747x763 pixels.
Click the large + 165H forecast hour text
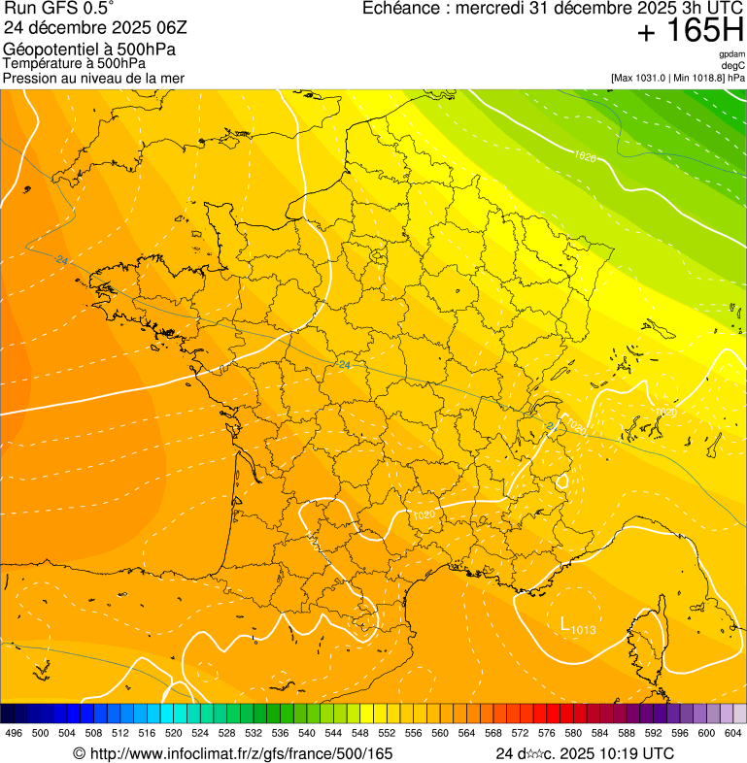coord(690,32)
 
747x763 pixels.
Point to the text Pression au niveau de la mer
coord(94,78)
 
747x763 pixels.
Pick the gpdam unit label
coord(731,54)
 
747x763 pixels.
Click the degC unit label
coord(733,65)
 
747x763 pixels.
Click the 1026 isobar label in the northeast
coord(585,156)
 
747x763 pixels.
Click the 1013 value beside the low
coord(583,631)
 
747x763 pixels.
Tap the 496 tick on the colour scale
coord(14,733)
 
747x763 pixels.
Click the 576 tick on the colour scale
coord(547,733)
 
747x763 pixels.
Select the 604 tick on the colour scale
coord(733,733)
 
